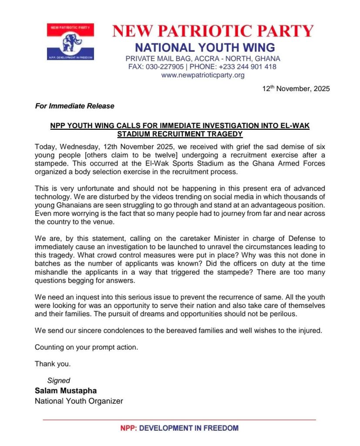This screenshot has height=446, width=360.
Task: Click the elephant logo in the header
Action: tap(70, 42)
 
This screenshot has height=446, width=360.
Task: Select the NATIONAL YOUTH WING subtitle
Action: tap(205, 47)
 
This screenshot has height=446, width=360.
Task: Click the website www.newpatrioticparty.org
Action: tap(203, 75)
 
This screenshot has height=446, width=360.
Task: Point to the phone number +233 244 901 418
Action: tap(247, 67)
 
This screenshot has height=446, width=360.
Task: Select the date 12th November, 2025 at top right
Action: tap(296, 88)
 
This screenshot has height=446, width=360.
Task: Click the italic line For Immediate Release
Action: tap(75, 106)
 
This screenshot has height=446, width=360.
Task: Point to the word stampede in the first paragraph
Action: tap(52, 164)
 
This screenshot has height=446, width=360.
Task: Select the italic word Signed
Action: tap(59, 380)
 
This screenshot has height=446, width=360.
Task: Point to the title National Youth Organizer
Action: tap(79, 401)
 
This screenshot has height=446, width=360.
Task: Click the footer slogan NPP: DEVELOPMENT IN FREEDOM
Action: tap(179, 428)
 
